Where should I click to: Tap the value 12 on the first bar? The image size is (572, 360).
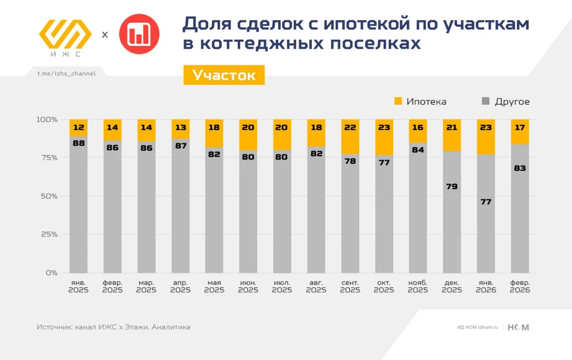78,127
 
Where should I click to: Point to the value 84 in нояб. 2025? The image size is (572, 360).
418,150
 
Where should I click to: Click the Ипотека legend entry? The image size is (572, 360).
420,102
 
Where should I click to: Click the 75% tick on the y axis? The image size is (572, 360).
47,157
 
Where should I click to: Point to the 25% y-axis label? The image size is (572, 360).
47,234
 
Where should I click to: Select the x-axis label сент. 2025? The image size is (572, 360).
350,286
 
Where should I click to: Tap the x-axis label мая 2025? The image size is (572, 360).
214,286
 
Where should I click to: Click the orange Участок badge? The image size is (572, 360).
224,75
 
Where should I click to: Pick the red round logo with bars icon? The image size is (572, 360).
139,34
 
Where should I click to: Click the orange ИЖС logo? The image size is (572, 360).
65,36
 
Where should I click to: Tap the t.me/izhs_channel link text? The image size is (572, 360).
67,73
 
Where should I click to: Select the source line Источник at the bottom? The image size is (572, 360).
114,327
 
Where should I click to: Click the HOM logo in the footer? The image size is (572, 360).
518,327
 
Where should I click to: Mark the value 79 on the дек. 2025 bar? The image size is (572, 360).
452,186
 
